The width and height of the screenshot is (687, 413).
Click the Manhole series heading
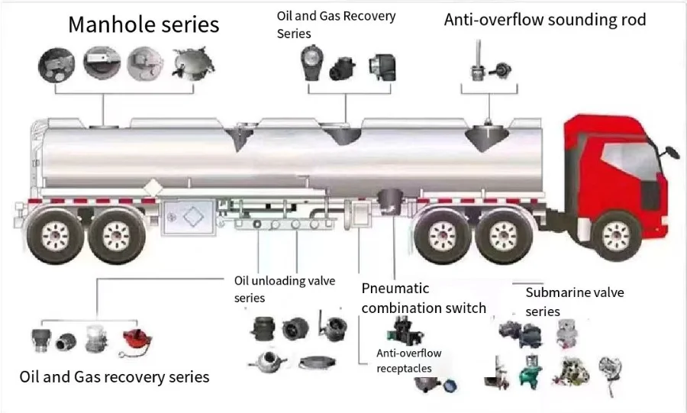click(x=144, y=24)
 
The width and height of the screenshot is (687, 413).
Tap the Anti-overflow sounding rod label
click(x=544, y=20)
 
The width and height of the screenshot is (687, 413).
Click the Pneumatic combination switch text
click(x=423, y=298)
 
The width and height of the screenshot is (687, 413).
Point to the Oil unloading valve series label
click(x=284, y=289)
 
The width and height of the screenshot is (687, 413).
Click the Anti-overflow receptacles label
click(x=408, y=360)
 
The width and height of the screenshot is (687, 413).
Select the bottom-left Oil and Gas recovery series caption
click(x=114, y=376)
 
